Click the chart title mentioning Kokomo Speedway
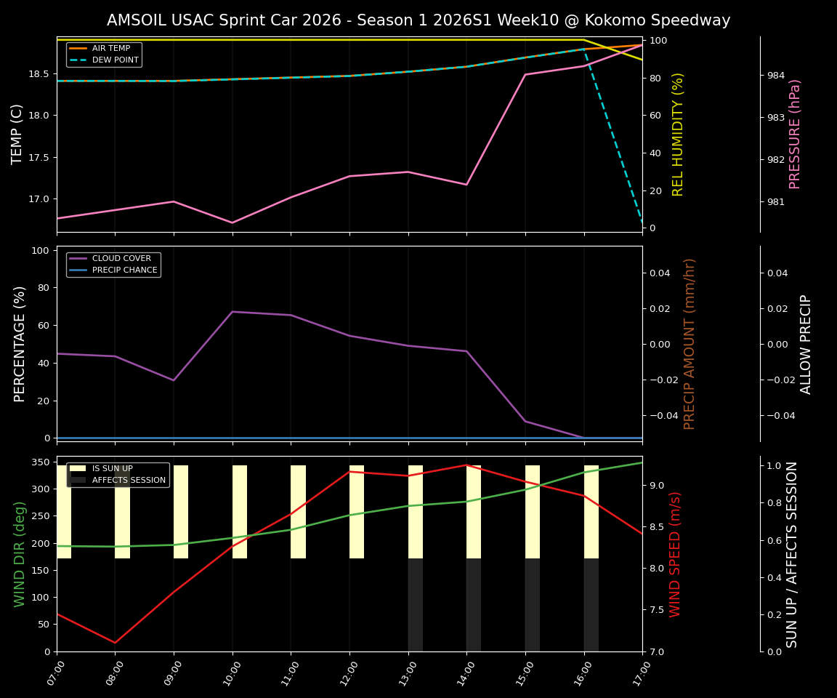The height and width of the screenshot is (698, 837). [x=418, y=20]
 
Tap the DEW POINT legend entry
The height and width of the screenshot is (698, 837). [x=115, y=60]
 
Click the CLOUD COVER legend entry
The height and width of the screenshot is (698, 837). [x=121, y=259]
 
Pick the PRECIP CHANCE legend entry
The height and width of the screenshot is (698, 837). [x=124, y=270]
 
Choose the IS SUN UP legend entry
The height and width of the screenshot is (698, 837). [x=112, y=469]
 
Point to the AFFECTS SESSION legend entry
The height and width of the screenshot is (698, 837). [x=129, y=481]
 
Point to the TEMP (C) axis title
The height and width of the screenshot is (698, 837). [x=17, y=134]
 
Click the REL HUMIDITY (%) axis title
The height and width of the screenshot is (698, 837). [x=678, y=134]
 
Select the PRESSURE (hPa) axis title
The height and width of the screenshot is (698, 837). [x=795, y=134]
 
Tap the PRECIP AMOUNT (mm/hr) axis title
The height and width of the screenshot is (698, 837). [x=690, y=343]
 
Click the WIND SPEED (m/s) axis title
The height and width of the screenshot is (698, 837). [x=676, y=554]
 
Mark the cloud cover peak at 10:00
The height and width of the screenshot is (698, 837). [x=232, y=312]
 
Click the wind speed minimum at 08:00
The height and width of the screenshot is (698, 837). [x=115, y=643]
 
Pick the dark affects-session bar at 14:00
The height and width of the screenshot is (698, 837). [x=474, y=605]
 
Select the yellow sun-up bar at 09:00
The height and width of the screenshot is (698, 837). [x=181, y=512]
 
